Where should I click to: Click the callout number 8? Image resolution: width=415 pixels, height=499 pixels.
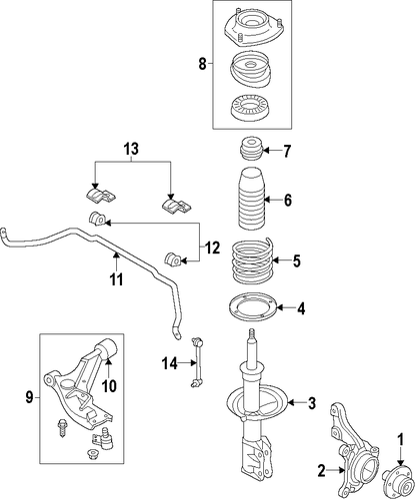203,64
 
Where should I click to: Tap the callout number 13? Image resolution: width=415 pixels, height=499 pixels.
131,149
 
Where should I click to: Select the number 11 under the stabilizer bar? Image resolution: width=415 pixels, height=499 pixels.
117,279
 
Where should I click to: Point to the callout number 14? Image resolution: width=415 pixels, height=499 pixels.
170,363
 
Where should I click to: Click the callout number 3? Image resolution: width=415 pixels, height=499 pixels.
312,403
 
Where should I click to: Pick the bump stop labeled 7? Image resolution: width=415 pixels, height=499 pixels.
252,150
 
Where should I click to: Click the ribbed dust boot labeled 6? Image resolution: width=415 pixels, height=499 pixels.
252,202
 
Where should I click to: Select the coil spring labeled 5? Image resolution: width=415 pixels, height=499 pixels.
252,261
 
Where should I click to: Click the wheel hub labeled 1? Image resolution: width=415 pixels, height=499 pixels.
398,476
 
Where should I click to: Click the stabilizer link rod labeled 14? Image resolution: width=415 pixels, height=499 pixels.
197,362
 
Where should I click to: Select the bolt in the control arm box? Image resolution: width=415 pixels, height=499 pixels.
62,428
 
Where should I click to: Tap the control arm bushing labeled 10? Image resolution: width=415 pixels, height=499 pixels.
107,350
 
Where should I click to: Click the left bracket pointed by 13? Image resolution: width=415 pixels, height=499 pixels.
99,197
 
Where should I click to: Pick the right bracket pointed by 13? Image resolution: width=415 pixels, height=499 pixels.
177,207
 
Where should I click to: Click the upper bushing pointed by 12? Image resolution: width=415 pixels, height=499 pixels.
97,219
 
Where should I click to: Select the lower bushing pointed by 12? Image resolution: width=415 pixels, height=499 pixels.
173,258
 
